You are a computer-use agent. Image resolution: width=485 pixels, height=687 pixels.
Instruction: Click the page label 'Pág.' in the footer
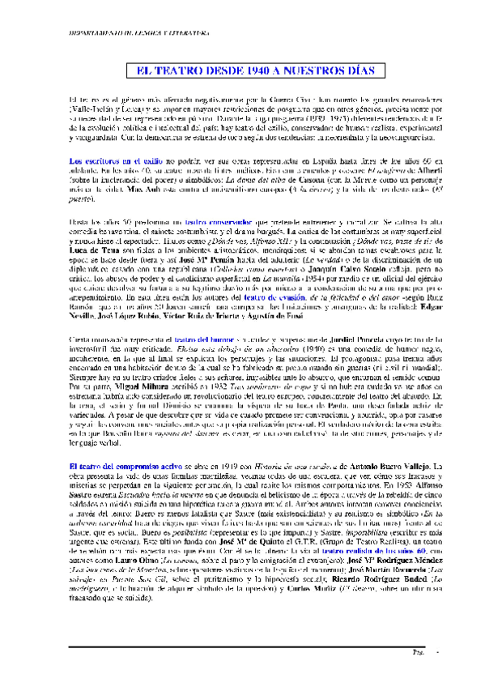pyautogui.click(x=420, y=672)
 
